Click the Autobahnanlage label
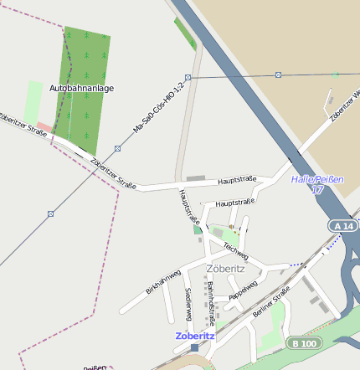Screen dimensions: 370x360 tap(81, 88)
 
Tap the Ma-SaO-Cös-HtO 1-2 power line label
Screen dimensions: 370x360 tap(158, 110)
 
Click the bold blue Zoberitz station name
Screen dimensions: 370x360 tap(195, 336)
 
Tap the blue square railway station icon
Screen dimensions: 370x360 tap(195, 347)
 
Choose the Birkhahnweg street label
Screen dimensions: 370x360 tap(163, 282)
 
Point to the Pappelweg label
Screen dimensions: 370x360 tap(243, 290)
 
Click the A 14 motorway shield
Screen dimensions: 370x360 tap(342, 226)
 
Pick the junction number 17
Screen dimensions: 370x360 tap(316, 190)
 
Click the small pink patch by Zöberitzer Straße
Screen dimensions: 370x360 tap(44, 127)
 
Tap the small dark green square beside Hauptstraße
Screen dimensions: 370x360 tap(198, 229)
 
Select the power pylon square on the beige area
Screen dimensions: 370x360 tap(279, 73)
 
